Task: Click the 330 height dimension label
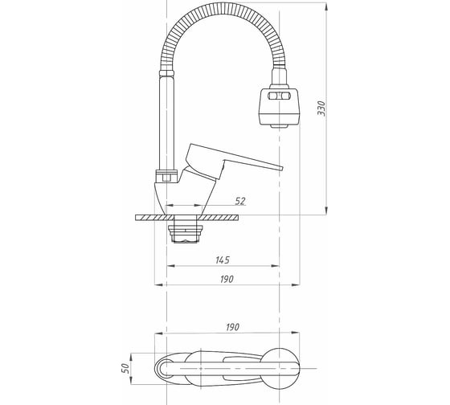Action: click(x=321, y=108)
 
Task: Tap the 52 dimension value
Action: click(x=240, y=201)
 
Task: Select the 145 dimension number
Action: click(x=223, y=260)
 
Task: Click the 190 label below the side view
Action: click(x=227, y=279)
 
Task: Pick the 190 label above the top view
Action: click(x=232, y=327)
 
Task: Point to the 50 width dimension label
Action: click(x=125, y=368)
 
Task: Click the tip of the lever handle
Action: click(x=282, y=168)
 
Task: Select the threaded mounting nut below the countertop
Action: click(x=186, y=231)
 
